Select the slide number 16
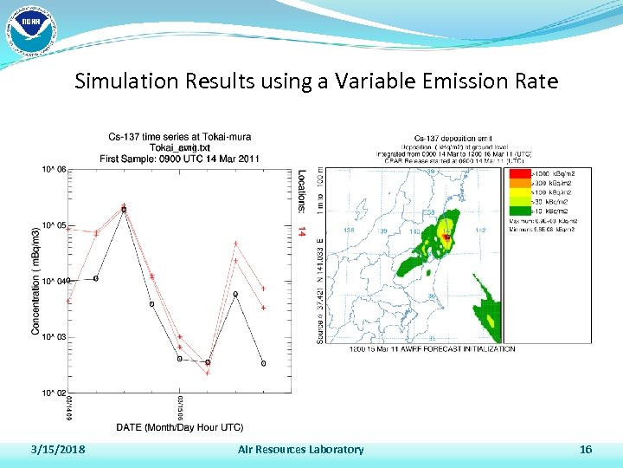coord(586,449)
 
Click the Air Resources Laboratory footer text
coord(300,449)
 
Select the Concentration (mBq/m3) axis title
coord(36,281)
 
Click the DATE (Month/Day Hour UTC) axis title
coord(180,427)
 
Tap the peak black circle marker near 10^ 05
coord(124,210)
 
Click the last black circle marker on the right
coord(263,363)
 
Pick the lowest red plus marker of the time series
coord(208,373)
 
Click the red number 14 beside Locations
coord(301,231)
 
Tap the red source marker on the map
coord(446,237)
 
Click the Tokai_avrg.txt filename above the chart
coord(180,147)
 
